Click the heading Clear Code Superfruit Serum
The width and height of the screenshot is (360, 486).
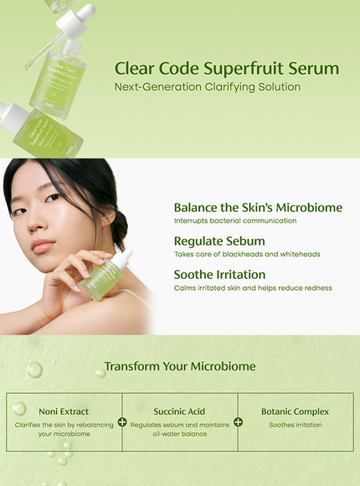pyautogui.click(x=226, y=68)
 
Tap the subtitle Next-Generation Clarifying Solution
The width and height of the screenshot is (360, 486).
pyautogui.click(x=207, y=86)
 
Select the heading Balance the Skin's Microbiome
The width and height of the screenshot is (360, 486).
pyautogui.click(x=258, y=207)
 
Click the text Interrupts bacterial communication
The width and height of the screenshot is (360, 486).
pyautogui.click(x=234, y=220)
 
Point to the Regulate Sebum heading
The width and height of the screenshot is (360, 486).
pyautogui.click(x=219, y=241)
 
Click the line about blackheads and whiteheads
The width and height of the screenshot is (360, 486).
pyautogui.click(x=247, y=254)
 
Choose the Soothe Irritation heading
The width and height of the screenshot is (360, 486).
pyautogui.click(x=219, y=274)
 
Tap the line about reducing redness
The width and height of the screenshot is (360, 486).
pyautogui.click(x=253, y=287)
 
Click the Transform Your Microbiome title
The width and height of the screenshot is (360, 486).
pyautogui.click(x=180, y=366)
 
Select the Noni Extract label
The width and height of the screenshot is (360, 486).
pyautogui.click(x=64, y=411)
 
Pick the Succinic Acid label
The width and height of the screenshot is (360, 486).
pyautogui.click(x=179, y=411)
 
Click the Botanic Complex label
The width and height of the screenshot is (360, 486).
pyautogui.click(x=295, y=411)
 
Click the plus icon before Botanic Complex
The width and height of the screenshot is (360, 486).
pyautogui.click(x=238, y=421)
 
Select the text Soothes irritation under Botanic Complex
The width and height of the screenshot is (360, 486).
pyautogui.click(x=295, y=425)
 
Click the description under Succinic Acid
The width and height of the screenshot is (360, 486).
pyautogui.click(x=179, y=429)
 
